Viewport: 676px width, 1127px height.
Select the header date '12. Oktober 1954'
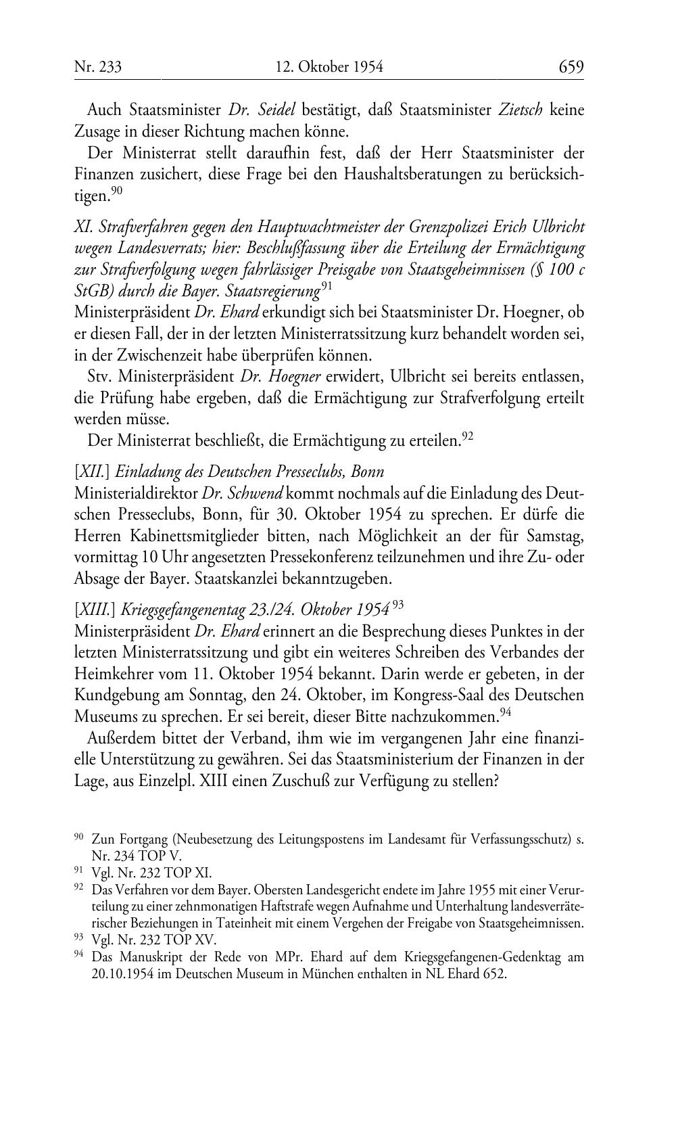[x=329, y=67]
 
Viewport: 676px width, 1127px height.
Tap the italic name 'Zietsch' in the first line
[x=520, y=110]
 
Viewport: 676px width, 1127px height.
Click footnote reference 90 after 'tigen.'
[x=117, y=191]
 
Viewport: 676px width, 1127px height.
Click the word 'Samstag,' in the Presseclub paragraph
[x=558, y=536]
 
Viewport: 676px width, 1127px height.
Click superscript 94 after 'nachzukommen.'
[x=504, y=712]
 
